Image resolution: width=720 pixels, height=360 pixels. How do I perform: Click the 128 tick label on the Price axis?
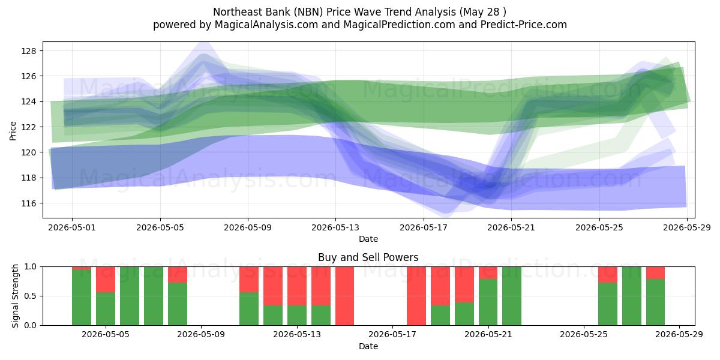pyautogui.click(x=29, y=51)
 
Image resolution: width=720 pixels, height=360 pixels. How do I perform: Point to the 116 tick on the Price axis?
pyautogui.click(x=29, y=203)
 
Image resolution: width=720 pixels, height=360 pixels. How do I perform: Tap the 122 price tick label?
pyautogui.click(x=29, y=127)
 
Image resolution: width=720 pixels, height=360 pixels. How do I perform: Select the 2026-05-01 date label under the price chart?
pyautogui.click(x=72, y=227)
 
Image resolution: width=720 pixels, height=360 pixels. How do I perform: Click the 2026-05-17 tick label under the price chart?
pyautogui.click(x=424, y=227)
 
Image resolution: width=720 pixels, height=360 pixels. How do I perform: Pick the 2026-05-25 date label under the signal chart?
pyautogui.click(x=584, y=335)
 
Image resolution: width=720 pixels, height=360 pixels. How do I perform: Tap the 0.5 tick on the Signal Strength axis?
pyautogui.click(x=31, y=296)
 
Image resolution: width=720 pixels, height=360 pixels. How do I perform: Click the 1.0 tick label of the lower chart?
pyautogui.click(x=31, y=267)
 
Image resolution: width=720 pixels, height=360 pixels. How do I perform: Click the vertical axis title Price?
pyautogui.click(x=13, y=131)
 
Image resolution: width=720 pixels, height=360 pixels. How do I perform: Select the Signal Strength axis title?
pyautogui.click(x=15, y=296)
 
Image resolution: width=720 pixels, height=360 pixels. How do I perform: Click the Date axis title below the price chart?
pyautogui.click(x=368, y=239)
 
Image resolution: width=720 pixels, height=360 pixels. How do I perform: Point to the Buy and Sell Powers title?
pyautogui.click(x=368, y=257)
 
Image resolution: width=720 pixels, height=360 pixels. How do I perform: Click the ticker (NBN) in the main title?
pyautogui.click(x=308, y=12)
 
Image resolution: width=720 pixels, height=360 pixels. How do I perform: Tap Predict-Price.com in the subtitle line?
pyautogui.click(x=524, y=25)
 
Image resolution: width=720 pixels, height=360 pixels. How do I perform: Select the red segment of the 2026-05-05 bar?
pyautogui.click(x=106, y=280)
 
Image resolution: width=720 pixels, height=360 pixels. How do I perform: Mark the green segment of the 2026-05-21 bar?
pyautogui.click(x=488, y=302)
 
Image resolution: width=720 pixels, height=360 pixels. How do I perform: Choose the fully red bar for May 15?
pyautogui.click(x=344, y=296)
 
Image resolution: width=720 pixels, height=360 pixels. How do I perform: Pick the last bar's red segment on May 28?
pyautogui.click(x=655, y=273)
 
